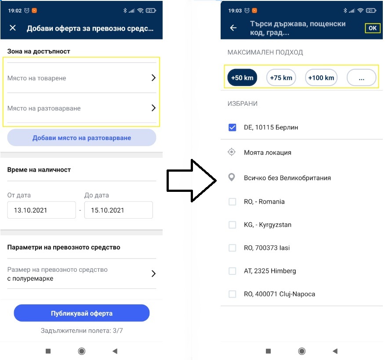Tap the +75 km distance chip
pos(281,78)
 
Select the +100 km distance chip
pos(321,78)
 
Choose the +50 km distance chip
pos(242,78)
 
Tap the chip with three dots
pos(361,78)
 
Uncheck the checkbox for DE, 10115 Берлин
pos(232,127)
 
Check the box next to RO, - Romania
pos(232,202)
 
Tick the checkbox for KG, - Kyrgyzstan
pos(232,225)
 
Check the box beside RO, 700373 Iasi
pos(232,248)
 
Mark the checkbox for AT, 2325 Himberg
pos(232,271)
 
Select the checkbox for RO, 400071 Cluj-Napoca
pos(232,294)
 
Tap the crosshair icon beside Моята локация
pos(232,152)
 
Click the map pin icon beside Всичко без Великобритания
pos(232,177)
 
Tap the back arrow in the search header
pos(233,28)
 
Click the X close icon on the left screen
pos(13,28)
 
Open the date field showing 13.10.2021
pos(41,210)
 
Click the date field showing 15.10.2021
pos(119,210)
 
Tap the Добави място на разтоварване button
pos(82,137)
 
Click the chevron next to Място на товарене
pos(153,78)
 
